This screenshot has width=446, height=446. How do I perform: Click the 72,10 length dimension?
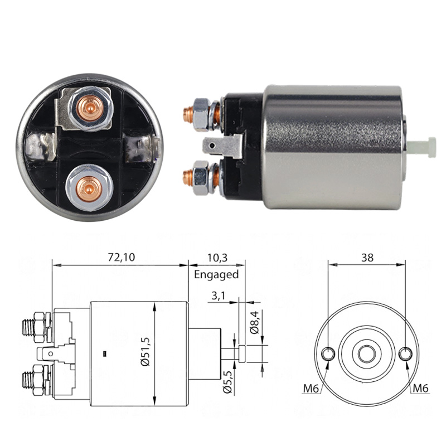pyautogui.click(x=122, y=257)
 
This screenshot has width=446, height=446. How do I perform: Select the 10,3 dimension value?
pyautogui.click(x=217, y=258)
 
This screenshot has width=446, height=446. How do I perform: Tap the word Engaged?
pyautogui.click(x=216, y=275)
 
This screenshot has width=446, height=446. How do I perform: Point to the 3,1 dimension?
pyautogui.click(x=219, y=296)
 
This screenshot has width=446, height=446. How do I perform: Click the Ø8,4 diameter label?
pyautogui.click(x=255, y=322)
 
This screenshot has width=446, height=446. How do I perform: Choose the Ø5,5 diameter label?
pyautogui.click(x=228, y=382)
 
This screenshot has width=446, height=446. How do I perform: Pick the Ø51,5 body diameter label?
pyautogui.click(x=145, y=351)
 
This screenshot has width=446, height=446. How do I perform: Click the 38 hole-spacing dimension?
pyautogui.click(x=367, y=258)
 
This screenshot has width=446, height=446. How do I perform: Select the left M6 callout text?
pyautogui.click(x=311, y=388)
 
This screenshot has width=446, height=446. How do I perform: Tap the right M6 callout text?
pyautogui.click(x=421, y=388)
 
